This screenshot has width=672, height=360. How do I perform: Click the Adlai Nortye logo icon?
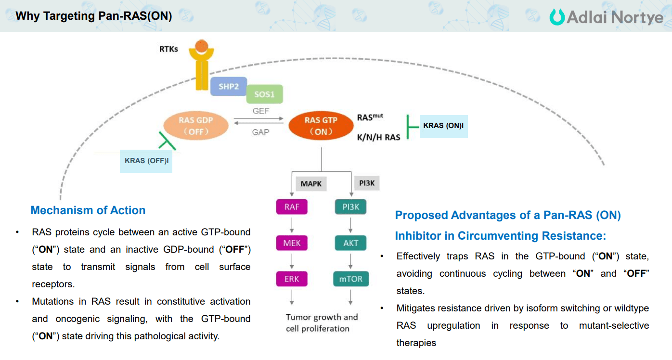point(557,17)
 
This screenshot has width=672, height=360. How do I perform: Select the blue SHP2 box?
point(229,86)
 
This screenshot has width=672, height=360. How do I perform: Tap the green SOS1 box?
point(264,94)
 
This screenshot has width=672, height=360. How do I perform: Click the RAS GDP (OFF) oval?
point(196,126)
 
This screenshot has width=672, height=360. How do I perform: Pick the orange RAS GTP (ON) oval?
point(321,126)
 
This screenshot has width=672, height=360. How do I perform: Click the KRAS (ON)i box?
point(443,126)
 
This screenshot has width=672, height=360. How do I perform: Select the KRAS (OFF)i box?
point(146,161)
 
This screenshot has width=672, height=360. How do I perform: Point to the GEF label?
point(261,111)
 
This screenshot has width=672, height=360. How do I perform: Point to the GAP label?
point(260,132)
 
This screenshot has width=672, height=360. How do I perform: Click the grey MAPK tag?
point(311,183)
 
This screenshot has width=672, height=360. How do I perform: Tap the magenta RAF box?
point(292,207)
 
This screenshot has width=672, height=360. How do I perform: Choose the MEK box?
point(292,243)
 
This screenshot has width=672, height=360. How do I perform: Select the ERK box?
point(292,279)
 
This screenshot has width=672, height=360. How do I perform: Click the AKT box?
point(350,243)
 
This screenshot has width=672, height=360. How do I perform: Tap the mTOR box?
point(350,279)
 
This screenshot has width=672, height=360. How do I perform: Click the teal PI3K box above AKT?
point(350,207)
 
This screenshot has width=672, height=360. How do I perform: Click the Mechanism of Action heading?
point(88,210)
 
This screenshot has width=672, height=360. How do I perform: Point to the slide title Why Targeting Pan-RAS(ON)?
point(94,16)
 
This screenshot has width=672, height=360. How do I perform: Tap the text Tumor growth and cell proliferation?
point(322,323)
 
